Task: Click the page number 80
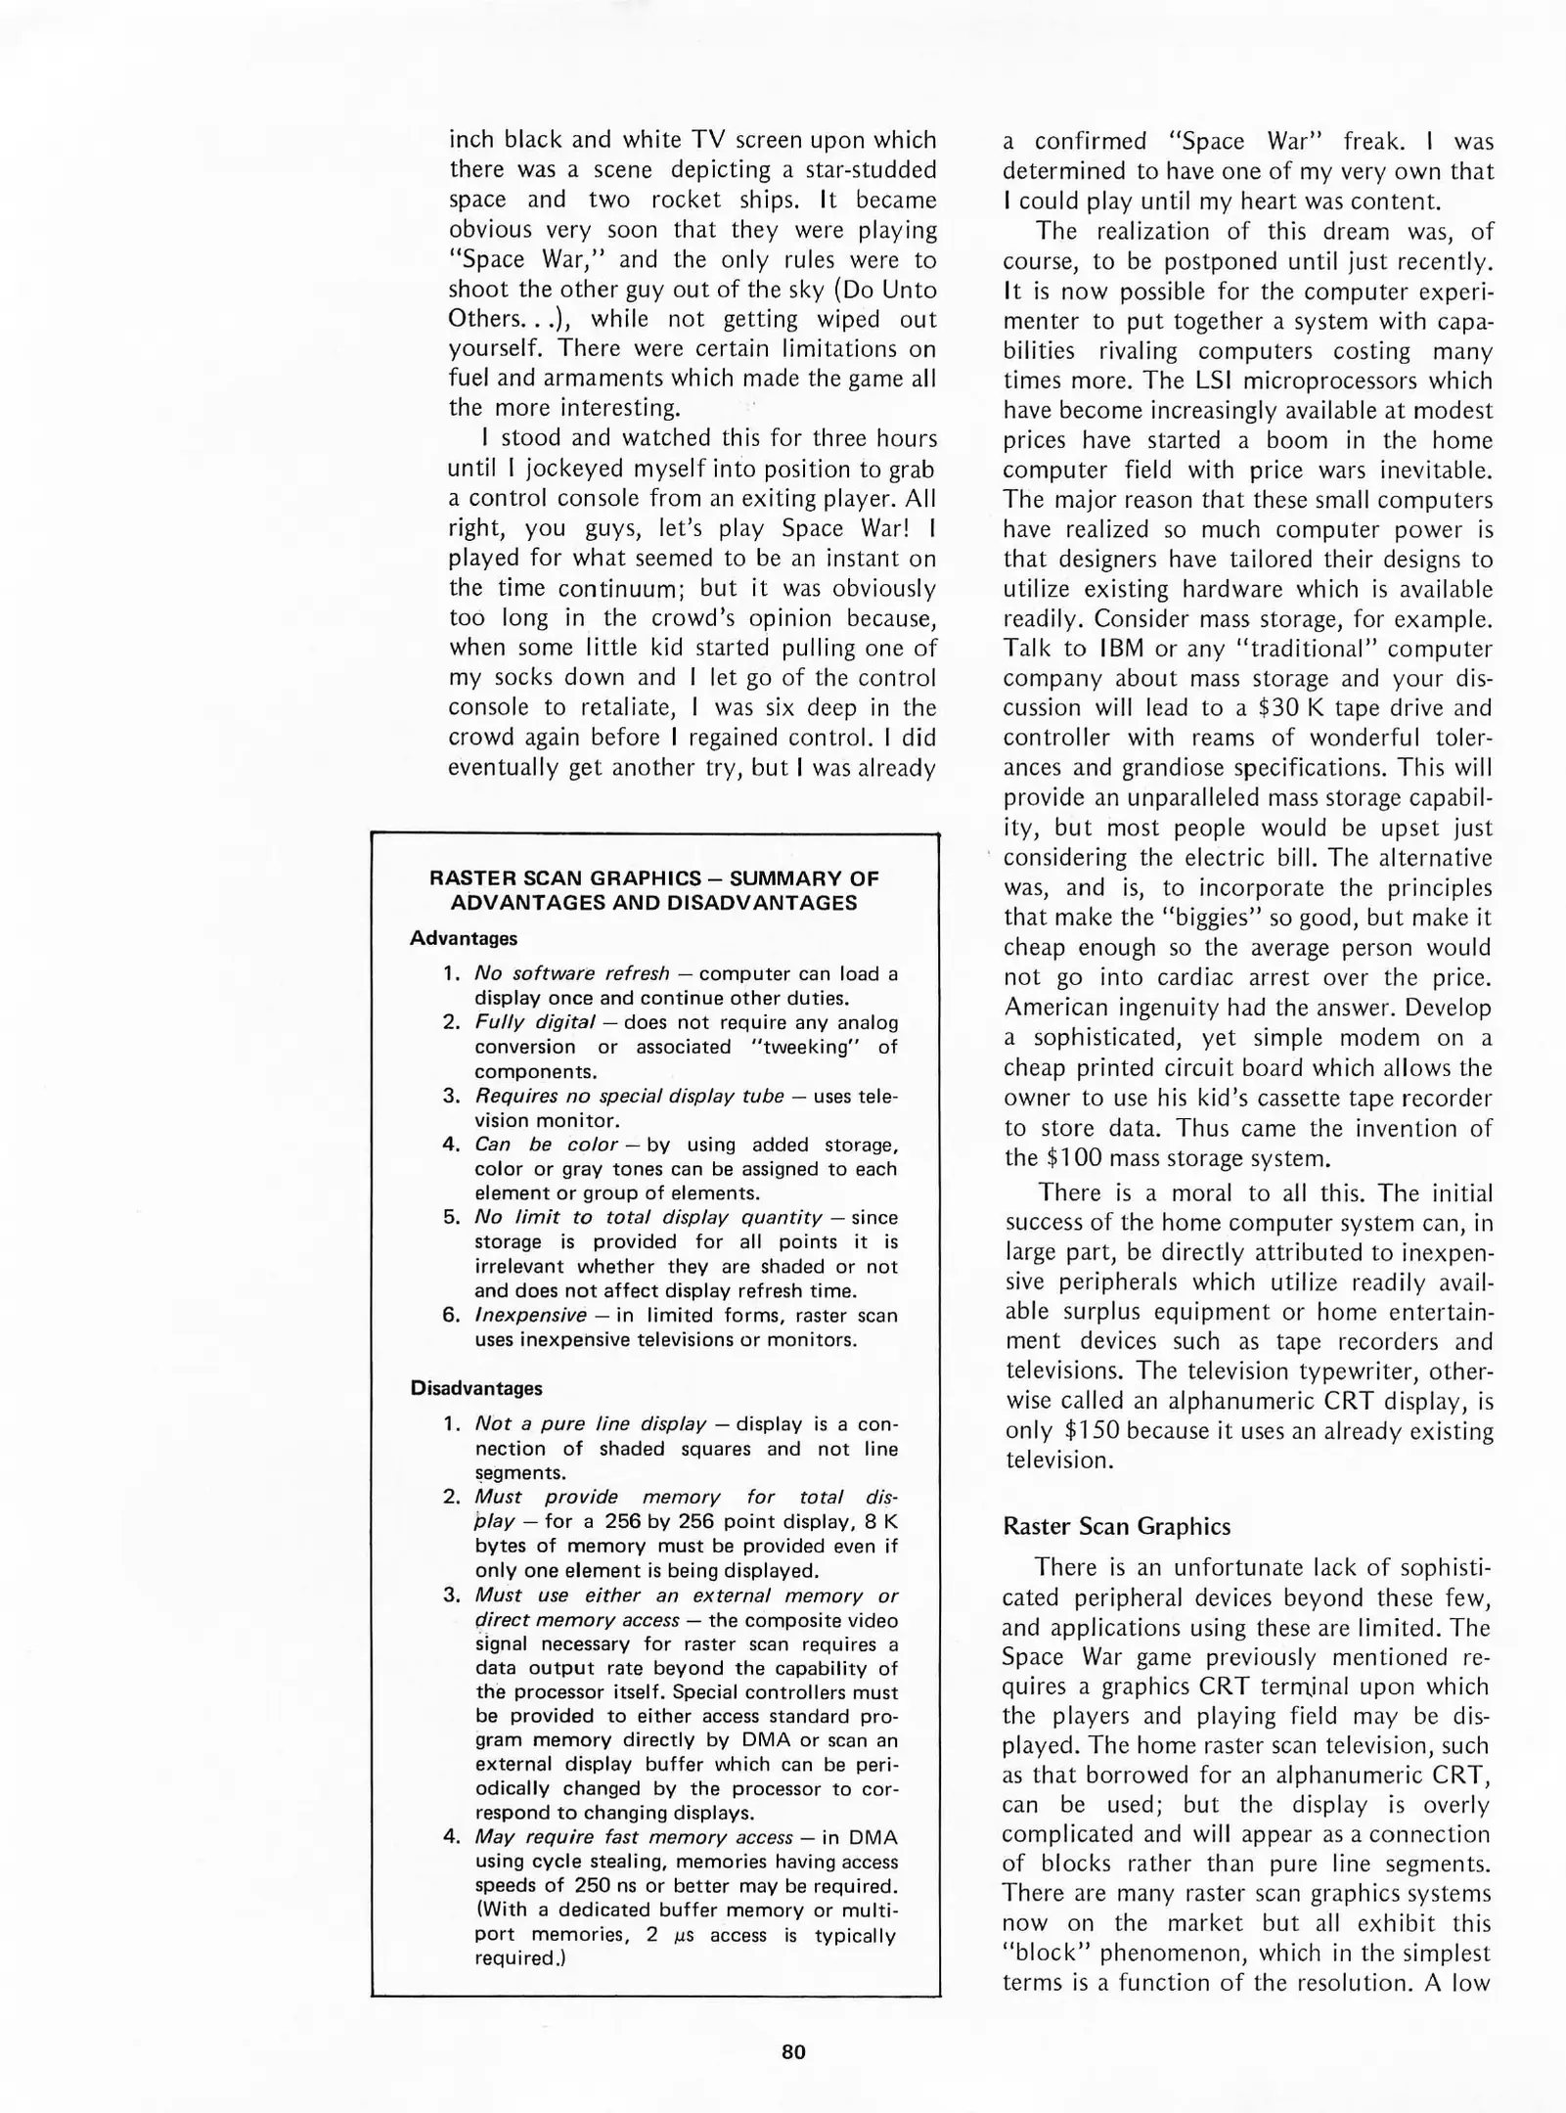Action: tap(793, 2051)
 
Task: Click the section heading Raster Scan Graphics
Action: tap(1116, 1526)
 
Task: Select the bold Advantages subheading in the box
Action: tap(463, 938)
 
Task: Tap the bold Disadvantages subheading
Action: tap(475, 1388)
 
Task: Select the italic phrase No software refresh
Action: tap(571, 973)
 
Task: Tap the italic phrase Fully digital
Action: tap(534, 1022)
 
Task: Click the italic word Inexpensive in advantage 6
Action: tap(530, 1315)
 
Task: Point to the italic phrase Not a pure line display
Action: tap(590, 1423)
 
